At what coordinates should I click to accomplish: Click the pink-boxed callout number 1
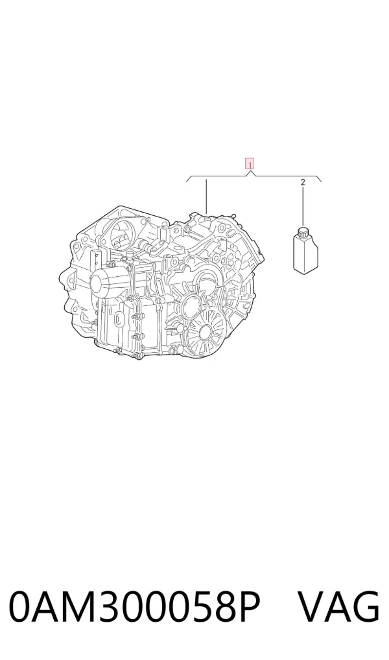250,164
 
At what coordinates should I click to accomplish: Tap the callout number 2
303,182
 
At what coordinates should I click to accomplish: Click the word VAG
339,606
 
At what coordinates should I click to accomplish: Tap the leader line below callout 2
303,206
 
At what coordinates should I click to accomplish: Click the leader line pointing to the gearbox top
206,196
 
